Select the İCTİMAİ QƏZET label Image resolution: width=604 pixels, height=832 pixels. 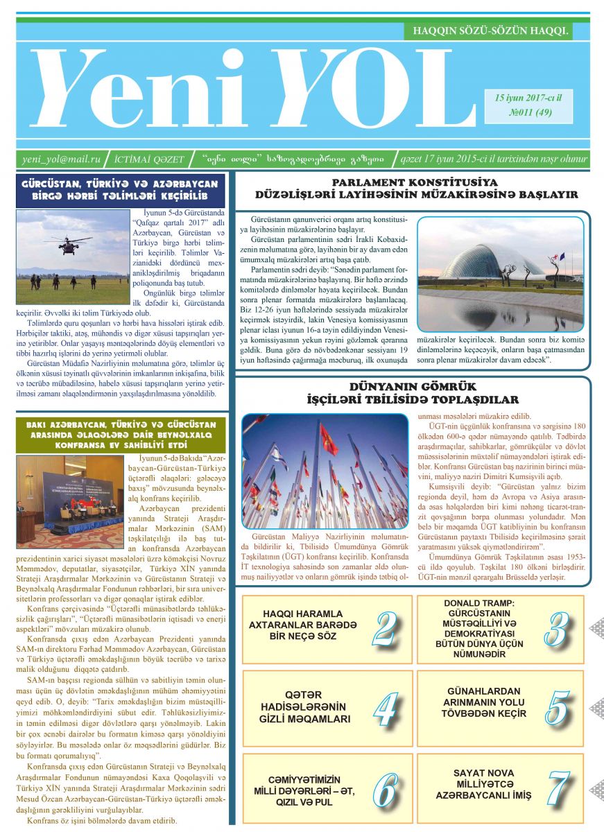point(149,159)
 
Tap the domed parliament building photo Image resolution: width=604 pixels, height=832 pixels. point(500,274)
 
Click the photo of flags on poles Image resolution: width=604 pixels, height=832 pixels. point(325,471)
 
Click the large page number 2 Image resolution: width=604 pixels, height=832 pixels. point(383,630)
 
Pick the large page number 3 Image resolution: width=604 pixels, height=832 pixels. point(555,630)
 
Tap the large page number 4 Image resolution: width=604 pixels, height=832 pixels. point(383,709)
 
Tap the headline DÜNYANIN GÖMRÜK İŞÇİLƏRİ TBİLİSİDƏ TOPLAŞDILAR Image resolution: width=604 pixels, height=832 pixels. point(412,393)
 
